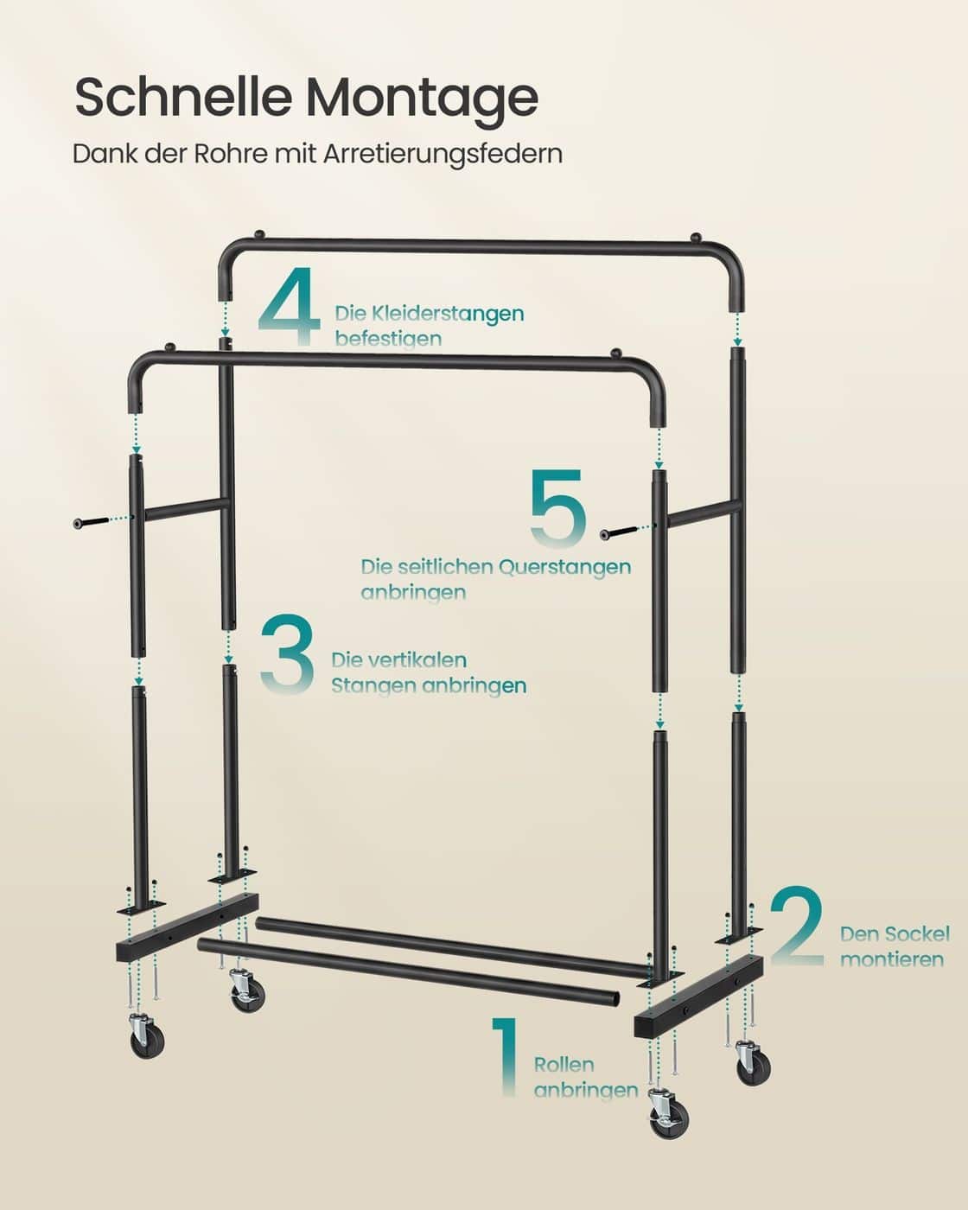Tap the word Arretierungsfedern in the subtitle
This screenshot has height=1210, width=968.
(x=443, y=154)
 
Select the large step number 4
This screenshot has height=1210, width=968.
(x=290, y=307)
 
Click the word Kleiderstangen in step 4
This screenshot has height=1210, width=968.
(x=430, y=313)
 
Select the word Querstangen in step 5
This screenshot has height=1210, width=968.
(x=564, y=567)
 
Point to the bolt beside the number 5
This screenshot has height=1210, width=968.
(x=620, y=531)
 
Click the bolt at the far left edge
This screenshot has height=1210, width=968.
(x=92, y=522)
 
